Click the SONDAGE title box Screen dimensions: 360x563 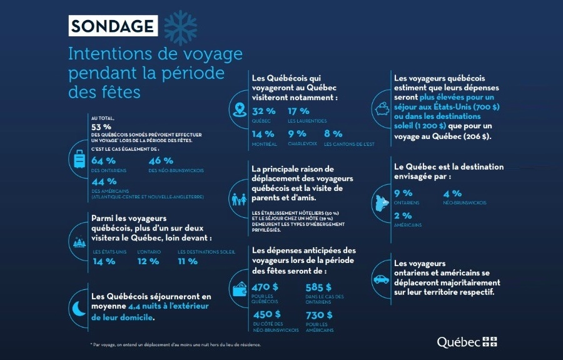click(x=112, y=26)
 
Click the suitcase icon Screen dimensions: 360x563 click(x=80, y=160)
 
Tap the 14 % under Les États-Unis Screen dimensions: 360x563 click(x=104, y=261)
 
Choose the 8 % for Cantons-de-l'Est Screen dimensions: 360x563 click(x=334, y=134)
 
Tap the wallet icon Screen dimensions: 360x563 click(x=238, y=289)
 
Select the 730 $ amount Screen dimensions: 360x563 click(x=319, y=314)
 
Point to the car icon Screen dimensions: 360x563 click(x=381, y=279)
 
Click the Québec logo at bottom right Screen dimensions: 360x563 click(x=467, y=342)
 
